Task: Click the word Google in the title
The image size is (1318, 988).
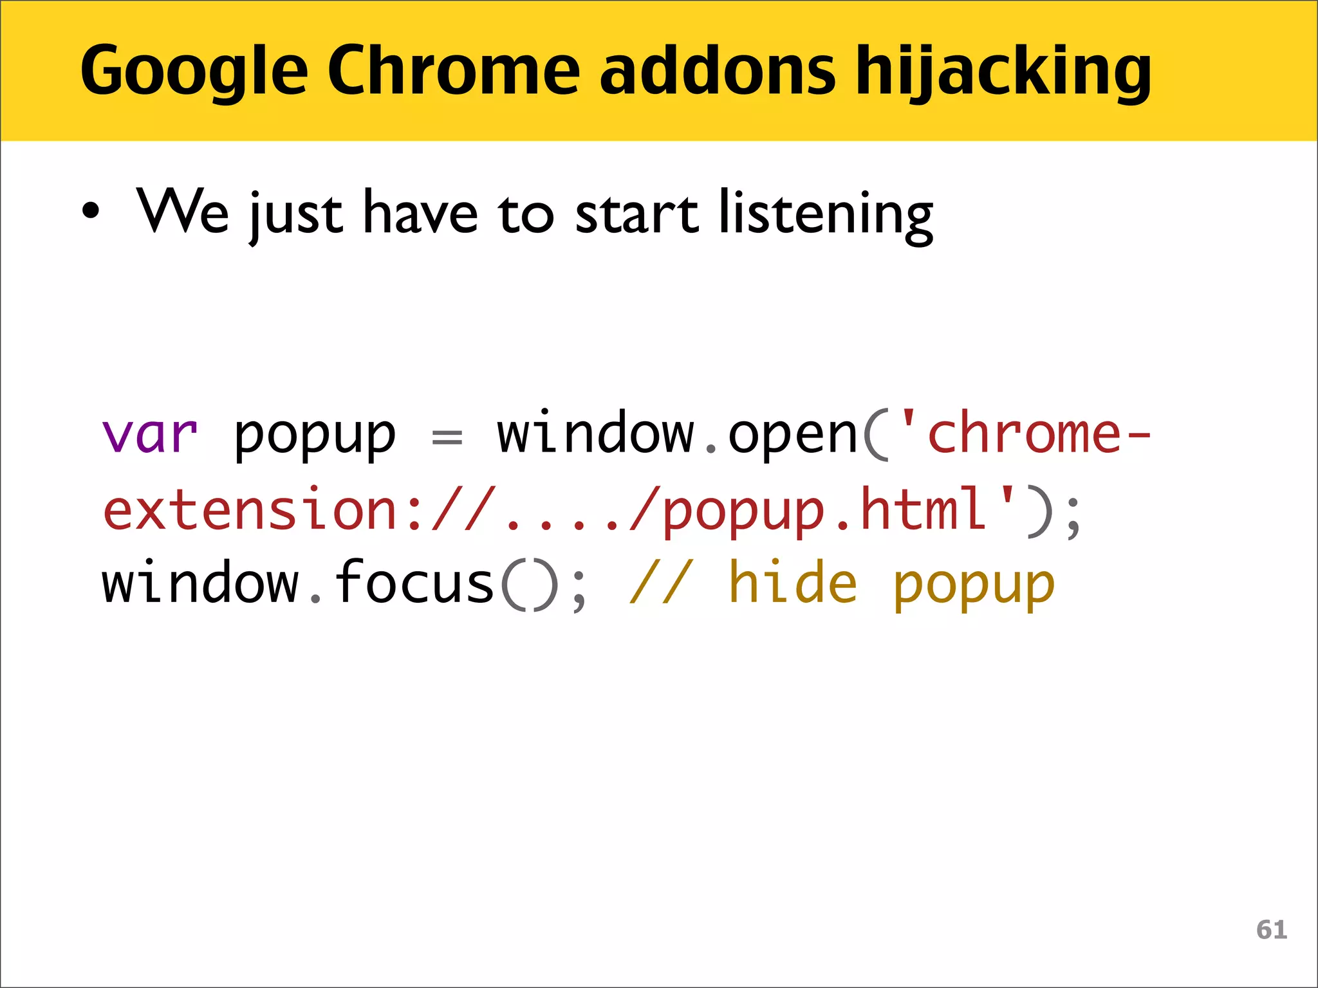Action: click(194, 71)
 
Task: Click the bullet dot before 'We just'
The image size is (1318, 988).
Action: click(91, 211)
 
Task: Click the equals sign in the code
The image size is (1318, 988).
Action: click(447, 437)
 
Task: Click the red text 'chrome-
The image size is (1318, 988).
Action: click(1023, 433)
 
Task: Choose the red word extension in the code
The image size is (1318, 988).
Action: click(252, 509)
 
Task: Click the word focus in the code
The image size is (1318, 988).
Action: click(414, 583)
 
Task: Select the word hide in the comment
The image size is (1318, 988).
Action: click(793, 583)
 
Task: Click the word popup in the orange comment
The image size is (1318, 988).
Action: click(974, 585)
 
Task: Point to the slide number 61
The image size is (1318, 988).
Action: click(1272, 929)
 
